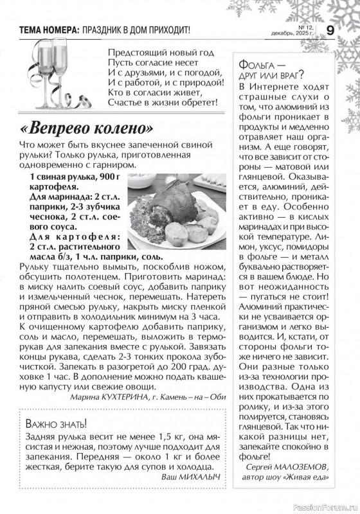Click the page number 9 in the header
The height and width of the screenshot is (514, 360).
tap(330, 30)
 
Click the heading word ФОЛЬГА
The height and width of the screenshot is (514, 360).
tap(258, 66)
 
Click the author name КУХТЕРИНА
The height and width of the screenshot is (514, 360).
tap(111, 396)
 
